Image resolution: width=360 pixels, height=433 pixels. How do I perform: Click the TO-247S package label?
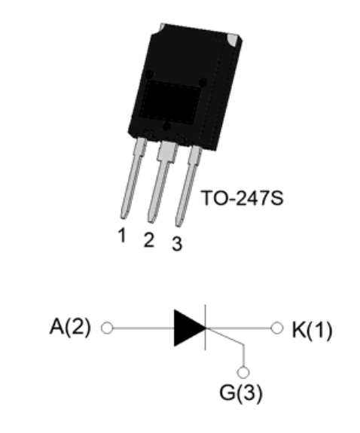(x=243, y=198)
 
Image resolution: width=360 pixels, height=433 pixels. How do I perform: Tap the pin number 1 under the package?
(x=122, y=235)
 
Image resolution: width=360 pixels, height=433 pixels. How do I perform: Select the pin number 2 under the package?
(x=149, y=239)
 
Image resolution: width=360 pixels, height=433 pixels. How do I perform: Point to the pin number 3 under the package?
(x=177, y=243)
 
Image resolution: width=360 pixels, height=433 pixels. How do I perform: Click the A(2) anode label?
(x=70, y=327)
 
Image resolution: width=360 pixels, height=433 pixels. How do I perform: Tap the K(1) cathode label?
(x=312, y=330)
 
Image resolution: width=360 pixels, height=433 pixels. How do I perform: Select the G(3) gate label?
(x=241, y=393)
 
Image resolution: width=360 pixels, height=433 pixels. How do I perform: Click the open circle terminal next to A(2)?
(x=107, y=328)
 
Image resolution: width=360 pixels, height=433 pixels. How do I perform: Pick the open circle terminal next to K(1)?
(x=277, y=328)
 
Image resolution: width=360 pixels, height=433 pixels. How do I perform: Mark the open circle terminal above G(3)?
(x=243, y=372)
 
